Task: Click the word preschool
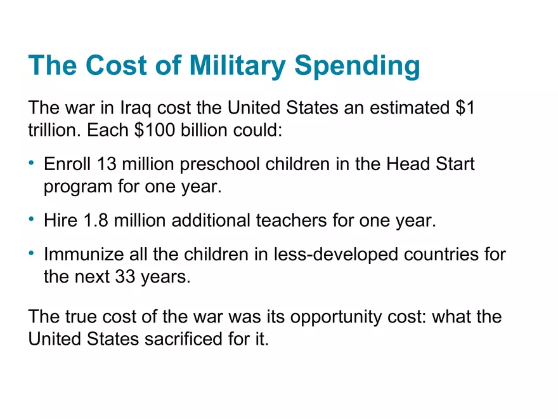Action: coord(217,165)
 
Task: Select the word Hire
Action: coord(60,221)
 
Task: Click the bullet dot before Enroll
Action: coord(32,164)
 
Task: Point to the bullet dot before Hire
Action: coord(32,220)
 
